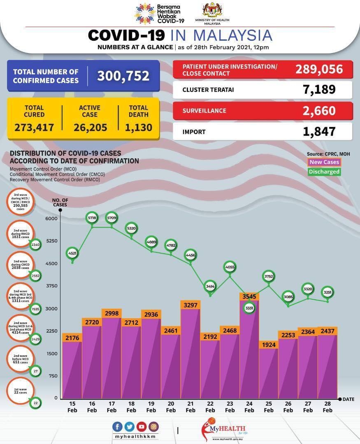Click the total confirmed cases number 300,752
pyautogui.click(x=123, y=76)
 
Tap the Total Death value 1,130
pyautogui.click(x=138, y=127)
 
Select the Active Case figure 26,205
pyautogui.click(x=90, y=127)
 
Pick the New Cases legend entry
pyautogui.click(x=324, y=162)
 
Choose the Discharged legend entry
pyautogui.click(x=324, y=172)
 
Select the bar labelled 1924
pyautogui.click(x=268, y=372)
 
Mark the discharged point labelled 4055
pyautogui.click(x=230, y=267)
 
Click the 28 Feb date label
pyautogui.click(x=327, y=407)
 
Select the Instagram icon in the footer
pyautogui.click(x=153, y=427)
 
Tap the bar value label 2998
pyautogui.click(x=111, y=313)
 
